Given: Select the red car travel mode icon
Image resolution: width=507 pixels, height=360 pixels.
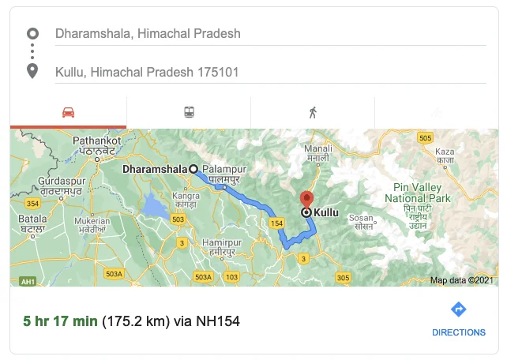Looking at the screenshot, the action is (x=68, y=112).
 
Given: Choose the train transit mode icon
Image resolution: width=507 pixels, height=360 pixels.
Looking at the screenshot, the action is (x=190, y=112).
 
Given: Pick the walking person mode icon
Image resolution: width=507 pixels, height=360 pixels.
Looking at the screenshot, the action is (x=313, y=112).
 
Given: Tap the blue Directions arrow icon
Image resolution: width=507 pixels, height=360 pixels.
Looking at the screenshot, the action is (x=458, y=309).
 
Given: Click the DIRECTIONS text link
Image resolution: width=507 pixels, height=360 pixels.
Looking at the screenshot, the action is (x=458, y=332).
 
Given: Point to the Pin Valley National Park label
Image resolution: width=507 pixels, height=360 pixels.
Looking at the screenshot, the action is (x=416, y=193).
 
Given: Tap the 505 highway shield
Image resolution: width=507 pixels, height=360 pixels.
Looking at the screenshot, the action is (x=426, y=138).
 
